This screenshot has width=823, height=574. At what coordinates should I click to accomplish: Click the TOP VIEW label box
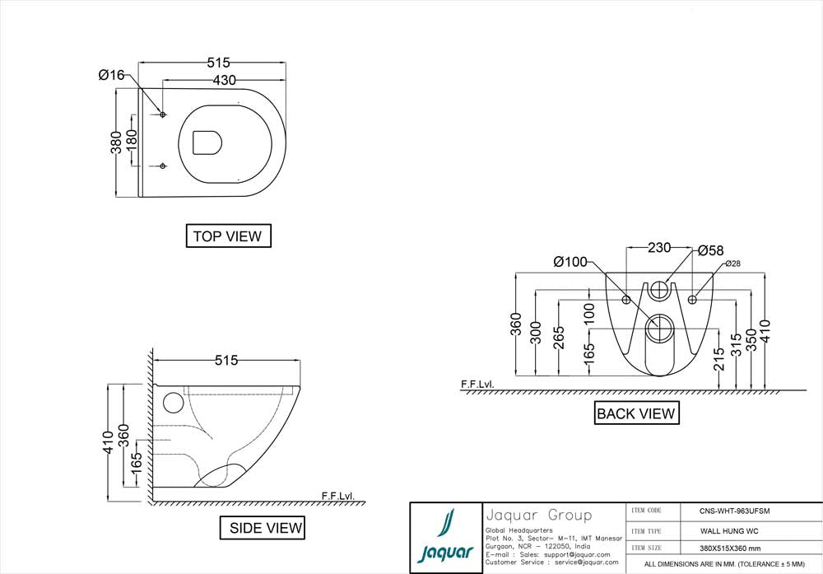point(227,236)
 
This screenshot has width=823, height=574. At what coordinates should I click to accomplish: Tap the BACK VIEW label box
point(635,413)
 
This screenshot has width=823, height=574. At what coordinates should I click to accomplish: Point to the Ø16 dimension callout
point(111,75)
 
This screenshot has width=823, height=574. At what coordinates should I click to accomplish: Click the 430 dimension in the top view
point(224,80)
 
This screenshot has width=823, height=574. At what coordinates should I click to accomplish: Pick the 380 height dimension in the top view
point(117,142)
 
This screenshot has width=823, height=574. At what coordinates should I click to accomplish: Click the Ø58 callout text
point(710,250)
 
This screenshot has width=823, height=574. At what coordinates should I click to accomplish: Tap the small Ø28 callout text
point(733,264)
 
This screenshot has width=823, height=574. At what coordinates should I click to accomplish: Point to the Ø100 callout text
point(570,262)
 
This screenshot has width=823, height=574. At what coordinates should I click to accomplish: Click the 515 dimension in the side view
point(226,360)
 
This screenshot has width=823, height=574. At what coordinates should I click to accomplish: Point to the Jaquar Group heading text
point(538,516)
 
